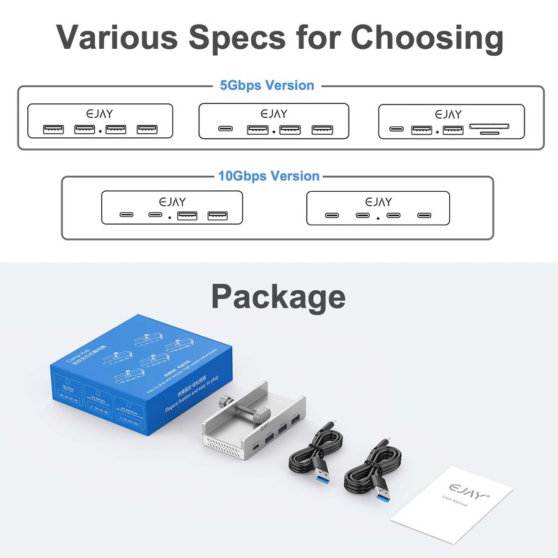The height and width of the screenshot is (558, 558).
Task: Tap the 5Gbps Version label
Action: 267,86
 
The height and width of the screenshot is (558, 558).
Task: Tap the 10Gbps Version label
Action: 269,176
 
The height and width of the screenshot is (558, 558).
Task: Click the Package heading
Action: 278,296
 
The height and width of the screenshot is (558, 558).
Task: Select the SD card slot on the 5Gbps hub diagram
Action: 490,128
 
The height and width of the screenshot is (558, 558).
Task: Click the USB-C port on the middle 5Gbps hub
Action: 225,129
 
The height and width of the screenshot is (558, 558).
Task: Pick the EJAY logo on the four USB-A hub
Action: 100,113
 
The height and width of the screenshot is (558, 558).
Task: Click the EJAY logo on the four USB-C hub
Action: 378,202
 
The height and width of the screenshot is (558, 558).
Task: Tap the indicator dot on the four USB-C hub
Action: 377,218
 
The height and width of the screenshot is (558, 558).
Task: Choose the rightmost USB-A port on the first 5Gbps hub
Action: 147,129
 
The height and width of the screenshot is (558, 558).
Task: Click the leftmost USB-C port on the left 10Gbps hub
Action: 126,215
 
